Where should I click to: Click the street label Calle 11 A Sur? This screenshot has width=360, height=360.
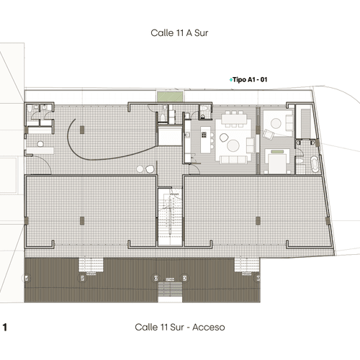point(179,33)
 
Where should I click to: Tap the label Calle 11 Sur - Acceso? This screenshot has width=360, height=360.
point(180,327)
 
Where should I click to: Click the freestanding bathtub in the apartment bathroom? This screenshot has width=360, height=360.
point(315,164)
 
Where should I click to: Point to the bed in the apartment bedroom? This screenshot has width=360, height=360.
point(277,161)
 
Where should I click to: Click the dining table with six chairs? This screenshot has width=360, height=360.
point(234,119)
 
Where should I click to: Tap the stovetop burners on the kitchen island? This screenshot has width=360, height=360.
point(204,135)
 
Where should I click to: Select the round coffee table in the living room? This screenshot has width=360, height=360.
point(233,145)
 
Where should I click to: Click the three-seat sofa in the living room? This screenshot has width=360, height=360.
point(234,159)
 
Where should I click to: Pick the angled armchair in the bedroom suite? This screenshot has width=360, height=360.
point(269,134)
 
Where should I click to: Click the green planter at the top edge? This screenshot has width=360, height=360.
point(170,96)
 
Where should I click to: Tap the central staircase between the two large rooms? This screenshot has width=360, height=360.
point(170,217)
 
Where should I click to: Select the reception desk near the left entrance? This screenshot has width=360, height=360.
point(40,150)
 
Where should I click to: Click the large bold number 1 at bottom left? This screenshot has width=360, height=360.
point(5,327)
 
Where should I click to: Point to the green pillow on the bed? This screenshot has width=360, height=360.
point(277,152)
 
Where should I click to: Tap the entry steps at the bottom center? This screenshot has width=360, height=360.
point(170,289)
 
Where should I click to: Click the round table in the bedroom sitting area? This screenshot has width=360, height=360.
point(276,123)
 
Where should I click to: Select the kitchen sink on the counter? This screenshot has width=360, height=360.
point(187,135)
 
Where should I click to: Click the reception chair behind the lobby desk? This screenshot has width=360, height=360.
point(40,144)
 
